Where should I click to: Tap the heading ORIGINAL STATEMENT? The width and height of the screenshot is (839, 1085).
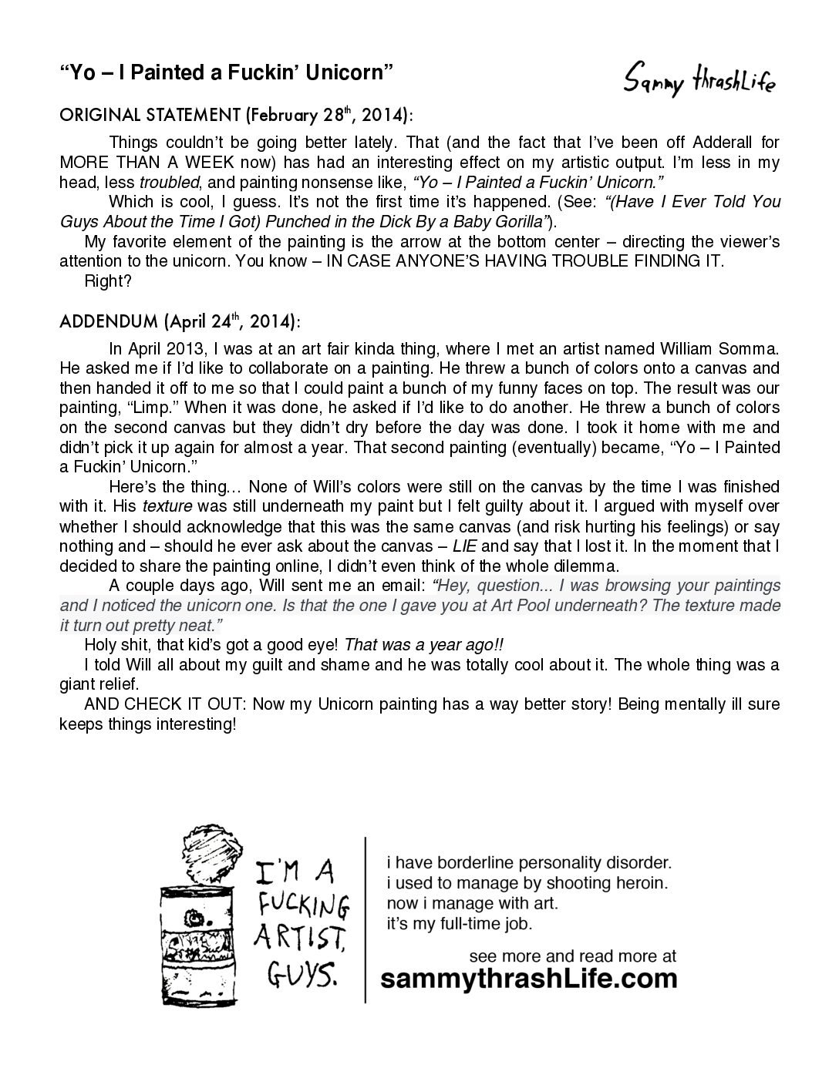tap(150, 116)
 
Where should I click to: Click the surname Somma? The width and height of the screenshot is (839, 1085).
tap(750, 349)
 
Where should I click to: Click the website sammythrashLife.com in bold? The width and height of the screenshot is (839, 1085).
tap(531, 979)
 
